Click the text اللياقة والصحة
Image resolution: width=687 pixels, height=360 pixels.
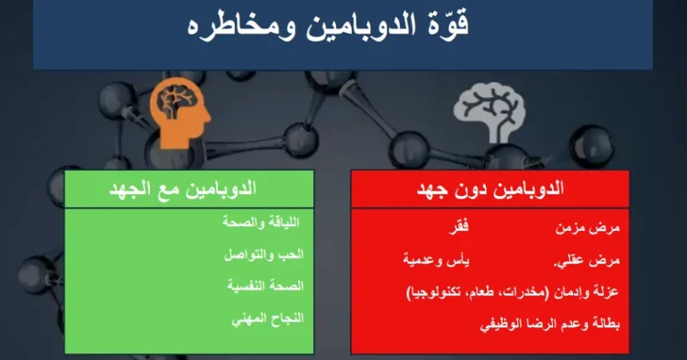(x=267, y=224)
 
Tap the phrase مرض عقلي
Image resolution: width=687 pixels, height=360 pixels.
(x=586, y=260)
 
